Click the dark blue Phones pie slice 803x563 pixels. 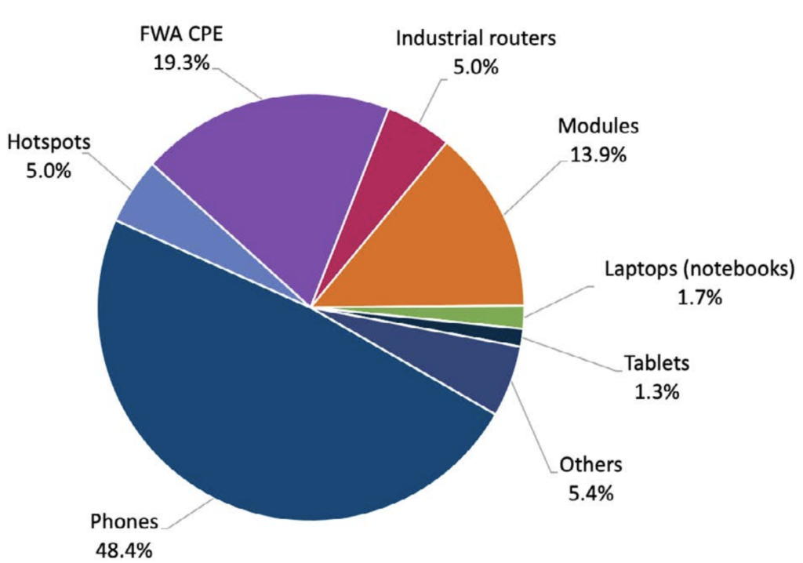(259, 408)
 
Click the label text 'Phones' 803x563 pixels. (124, 521)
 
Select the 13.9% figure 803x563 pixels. (598, 154)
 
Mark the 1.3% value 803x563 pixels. (656, 390)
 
